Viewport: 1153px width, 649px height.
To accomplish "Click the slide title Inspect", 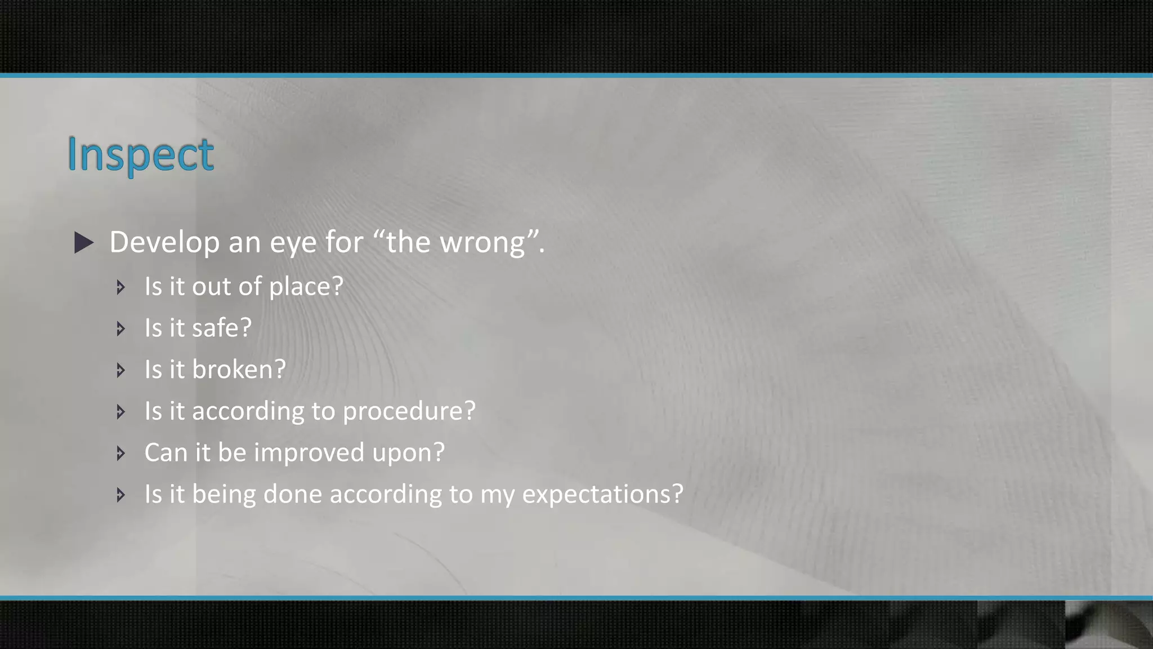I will [x=140, y=154].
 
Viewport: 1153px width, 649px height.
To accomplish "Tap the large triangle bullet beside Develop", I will [x=84, y=243].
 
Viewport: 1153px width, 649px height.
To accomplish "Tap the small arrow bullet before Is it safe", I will [x=120, y=328].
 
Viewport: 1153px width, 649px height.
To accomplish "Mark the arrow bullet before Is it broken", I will [x=120, y=370].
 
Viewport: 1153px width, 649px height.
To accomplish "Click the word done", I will [x=293, y=494].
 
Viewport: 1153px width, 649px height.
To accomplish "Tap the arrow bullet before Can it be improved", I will [x=120, y=453].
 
